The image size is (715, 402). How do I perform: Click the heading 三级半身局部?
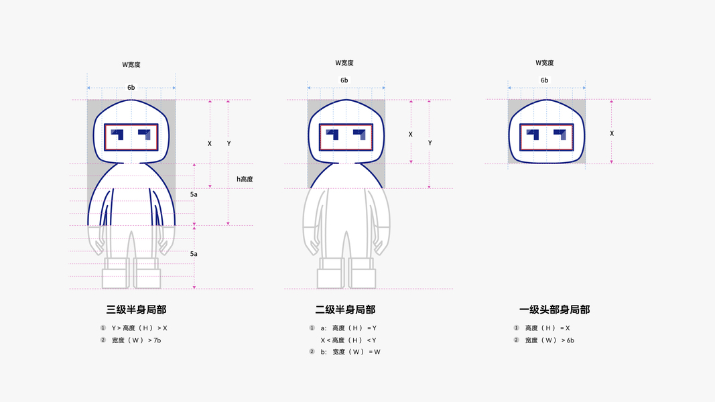pos(136,310)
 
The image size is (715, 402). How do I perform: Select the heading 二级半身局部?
pos(345,310)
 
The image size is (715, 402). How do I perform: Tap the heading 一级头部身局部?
pos(554,310)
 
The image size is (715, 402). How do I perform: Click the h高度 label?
pos(245,179)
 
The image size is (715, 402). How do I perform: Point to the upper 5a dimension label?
pos(194,194)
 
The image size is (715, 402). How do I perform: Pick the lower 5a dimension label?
pos(194,254)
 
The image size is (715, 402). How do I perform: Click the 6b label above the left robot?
pos(131,88)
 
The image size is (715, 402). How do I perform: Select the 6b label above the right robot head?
pos(545,80)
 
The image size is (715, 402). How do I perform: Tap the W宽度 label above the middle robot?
pos(344,63)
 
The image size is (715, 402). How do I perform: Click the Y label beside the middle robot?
pos(430,143)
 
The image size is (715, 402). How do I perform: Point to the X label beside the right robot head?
pos(612,133)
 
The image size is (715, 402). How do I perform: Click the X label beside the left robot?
pos(210,143)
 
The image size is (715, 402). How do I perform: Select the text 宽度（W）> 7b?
pos(136,340)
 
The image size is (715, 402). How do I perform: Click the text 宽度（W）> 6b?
pos(549,340)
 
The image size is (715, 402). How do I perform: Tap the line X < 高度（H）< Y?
pos(348,340)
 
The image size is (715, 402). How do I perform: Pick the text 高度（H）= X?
pos(547,328)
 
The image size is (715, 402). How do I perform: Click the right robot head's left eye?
pos(534,134)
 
